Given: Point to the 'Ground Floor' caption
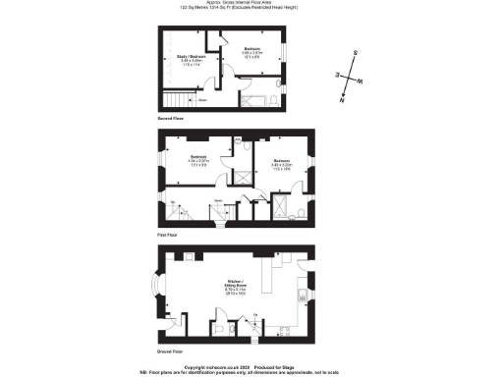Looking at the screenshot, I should point(170,350).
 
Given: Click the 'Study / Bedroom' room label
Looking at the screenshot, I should point(179,62).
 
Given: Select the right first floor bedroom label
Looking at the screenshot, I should point(280,163).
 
